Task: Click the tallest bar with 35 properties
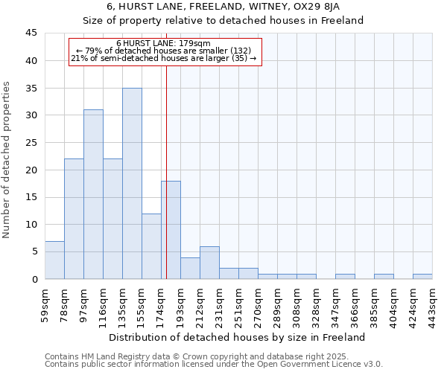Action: pyautogui.click(x=132, y=184)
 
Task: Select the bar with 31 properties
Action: pyautogui.click(x=93, y=194)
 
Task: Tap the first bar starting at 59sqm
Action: pyautogui.click(x=54, y=260)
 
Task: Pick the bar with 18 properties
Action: pyautogui.click(x=171, y=230)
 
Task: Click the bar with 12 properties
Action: pyautogui.click(x=151, y=246)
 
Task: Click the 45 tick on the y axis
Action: pyautogui.click(x=31, y=33)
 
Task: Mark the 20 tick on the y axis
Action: pyautogui.click(x=31, y=170)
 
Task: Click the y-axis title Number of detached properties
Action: pyautogui.click(x=7, y=159)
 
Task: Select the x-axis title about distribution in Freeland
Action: pyautogui.click(x=238, y=338)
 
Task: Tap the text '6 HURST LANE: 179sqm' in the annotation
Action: pyautogui.click(x=164, y=43)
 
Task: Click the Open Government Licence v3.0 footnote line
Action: pyautogui.click(x=214, y=365)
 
